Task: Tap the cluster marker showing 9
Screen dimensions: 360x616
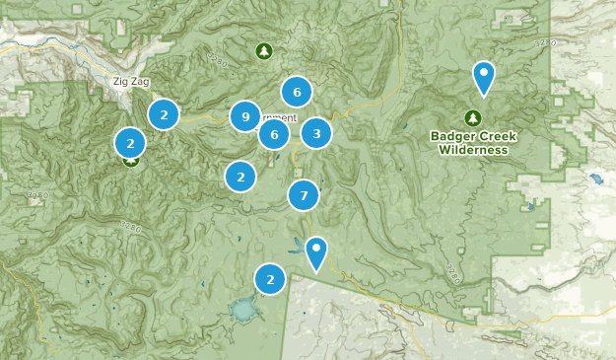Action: point(245,117)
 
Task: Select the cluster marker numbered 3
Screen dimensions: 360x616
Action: point(315,133)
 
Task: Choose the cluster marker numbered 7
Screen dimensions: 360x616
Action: point(304,195)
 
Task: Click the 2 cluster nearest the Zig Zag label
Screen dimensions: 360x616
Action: point(164,114)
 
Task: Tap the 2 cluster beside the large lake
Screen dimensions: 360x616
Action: point(270,280)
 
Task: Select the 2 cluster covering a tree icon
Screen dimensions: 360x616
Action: point(130,144)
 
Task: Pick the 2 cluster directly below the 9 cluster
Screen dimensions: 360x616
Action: point(240,177)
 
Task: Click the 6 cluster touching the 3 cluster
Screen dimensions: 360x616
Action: point(275,134)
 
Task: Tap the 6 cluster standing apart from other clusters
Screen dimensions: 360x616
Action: point(296,92)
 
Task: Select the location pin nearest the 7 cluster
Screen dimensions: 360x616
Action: point(315,252)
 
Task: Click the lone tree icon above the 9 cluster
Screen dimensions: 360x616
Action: point(263,50)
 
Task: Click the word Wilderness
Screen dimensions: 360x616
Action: point(475,150)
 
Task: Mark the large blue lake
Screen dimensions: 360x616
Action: point(242,312)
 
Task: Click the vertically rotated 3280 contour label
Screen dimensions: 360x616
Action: point(452,272)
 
